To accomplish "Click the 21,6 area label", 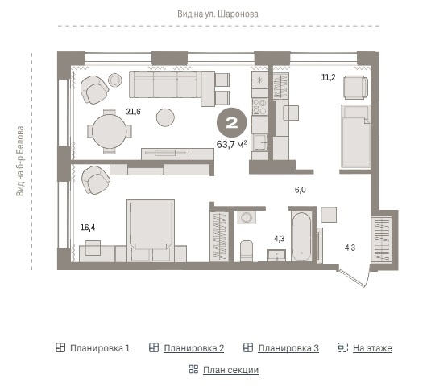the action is pyautogui.click(x=134, y=112).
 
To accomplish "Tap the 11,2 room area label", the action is pyautogui.click(x=329, y=77).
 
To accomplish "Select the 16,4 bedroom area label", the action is pyautogui.click(x=88, y=227).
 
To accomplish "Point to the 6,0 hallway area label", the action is pyautogui.click(x=300, y=190).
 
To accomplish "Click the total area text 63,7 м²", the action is pyautogui.click(x=232, y=144).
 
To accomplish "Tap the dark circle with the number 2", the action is pyautogui.click(x=232, y=122).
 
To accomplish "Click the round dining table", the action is pyautogui.click(x=110, y=131).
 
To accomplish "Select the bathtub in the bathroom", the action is pyautogui.click(x=301, y=237).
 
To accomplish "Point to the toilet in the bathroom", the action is pyautogui.click(x=247, y=251).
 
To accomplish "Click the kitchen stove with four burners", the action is pyautogui.click(x=259, y=107).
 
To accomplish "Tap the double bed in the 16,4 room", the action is pyautogui.click(x=151, y=231).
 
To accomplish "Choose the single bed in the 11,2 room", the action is pyautogui.click(x=356, y=136).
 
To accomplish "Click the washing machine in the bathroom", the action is pyautogui.click(x=247, y=217).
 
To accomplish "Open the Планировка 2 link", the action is pyautogui.click(x=194, y=348).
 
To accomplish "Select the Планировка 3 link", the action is pyautogui.click(x=288, y=348).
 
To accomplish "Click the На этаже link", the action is pyautogui.click(x=372, y=348).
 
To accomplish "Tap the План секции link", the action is pyautogui.click(x=230, y=370).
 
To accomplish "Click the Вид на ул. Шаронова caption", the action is pyautogui.click(x=218, y=14).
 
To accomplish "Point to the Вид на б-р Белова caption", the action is pyautogui.click(x=20, y=161).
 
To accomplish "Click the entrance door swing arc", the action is pyautogui.click(x=368, y=277).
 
